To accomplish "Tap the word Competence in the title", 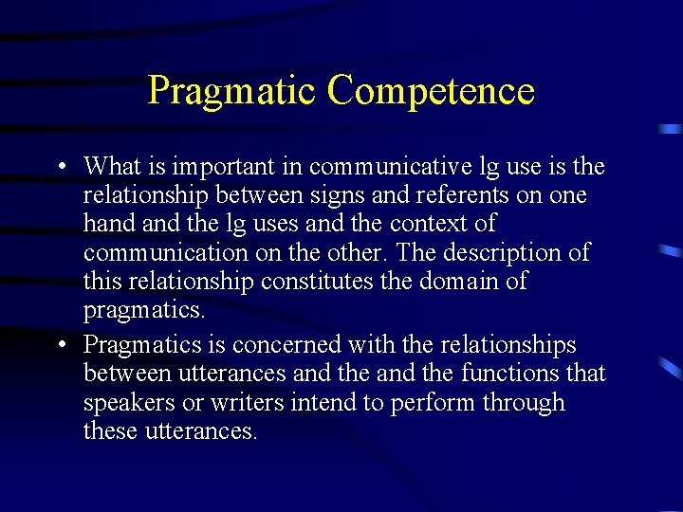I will coord(431,91).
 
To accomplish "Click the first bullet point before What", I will coord(60,168).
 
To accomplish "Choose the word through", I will coord(523,403).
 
